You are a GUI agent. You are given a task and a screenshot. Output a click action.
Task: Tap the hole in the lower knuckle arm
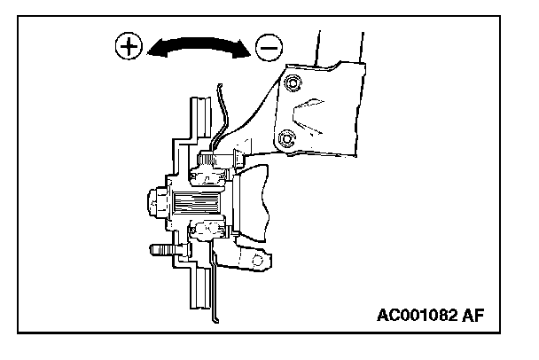tap(260, 262)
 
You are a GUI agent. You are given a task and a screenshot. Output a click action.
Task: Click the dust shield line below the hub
tap(213, 284)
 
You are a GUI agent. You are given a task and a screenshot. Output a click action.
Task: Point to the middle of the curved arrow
tap(199, 42)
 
